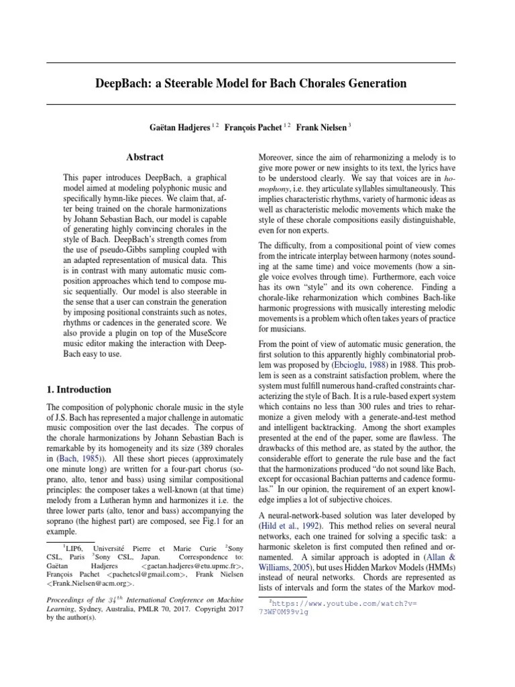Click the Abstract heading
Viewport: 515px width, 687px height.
click(145, 157)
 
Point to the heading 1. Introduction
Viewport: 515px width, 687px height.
click(78, 389)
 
